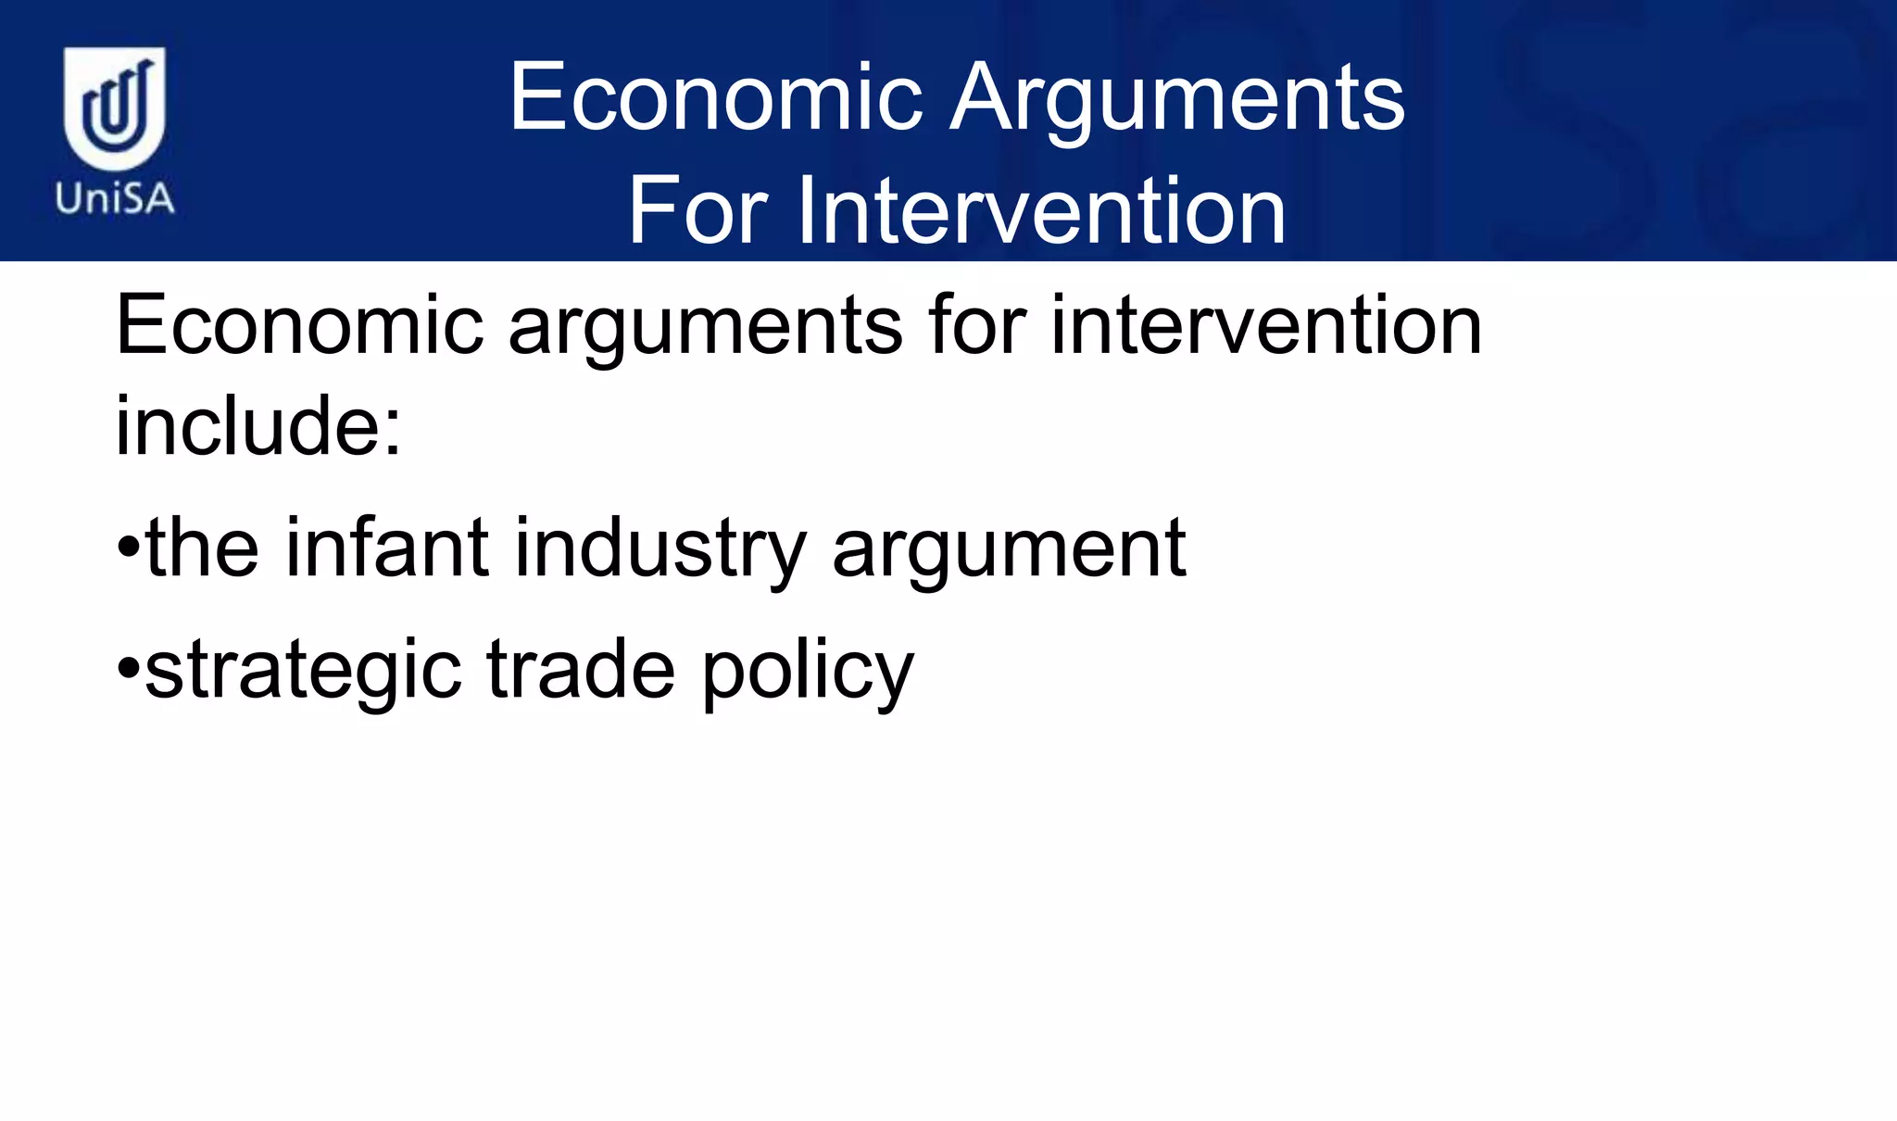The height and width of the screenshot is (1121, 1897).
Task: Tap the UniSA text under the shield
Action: click(x=114, y=198)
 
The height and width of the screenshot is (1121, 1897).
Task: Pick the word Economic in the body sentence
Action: click(x=299, y=326)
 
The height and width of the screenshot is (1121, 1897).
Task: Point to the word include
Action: click(x=245, y=426)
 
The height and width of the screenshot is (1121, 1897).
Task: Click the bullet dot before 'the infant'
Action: click(x=128, y=548)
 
